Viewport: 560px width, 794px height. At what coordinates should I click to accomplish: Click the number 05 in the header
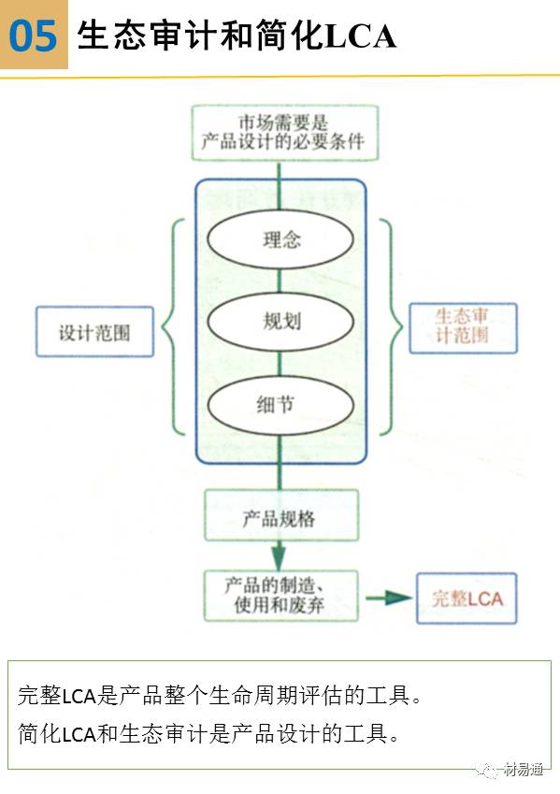click(x=34, y=36)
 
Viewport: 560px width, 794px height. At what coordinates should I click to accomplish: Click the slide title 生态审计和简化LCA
click(x=237, y=36)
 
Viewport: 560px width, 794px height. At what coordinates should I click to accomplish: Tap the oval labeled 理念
click(x=281, y=239)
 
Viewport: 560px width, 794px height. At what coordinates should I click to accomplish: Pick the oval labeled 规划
click(x=281, y=321)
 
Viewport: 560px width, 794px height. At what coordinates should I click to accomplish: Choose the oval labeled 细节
click(x=281, y=404)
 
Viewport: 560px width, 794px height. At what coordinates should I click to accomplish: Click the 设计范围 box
click(x=94, y=331)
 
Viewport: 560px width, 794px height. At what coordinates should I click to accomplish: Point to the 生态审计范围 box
click(x=462, y=327)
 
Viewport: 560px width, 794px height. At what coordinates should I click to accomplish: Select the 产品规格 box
click(x=280, y=515)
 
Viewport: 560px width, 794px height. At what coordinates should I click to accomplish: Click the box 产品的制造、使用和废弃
click(x=280, y=596)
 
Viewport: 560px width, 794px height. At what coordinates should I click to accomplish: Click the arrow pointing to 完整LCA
click(x=387, y=597)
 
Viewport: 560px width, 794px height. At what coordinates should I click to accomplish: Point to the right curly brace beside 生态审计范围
click(x=393, y=327)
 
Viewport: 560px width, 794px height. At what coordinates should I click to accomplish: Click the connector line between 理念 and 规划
click(x=280, y=281)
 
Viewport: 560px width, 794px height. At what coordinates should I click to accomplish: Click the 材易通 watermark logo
click(x=513, y=769)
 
